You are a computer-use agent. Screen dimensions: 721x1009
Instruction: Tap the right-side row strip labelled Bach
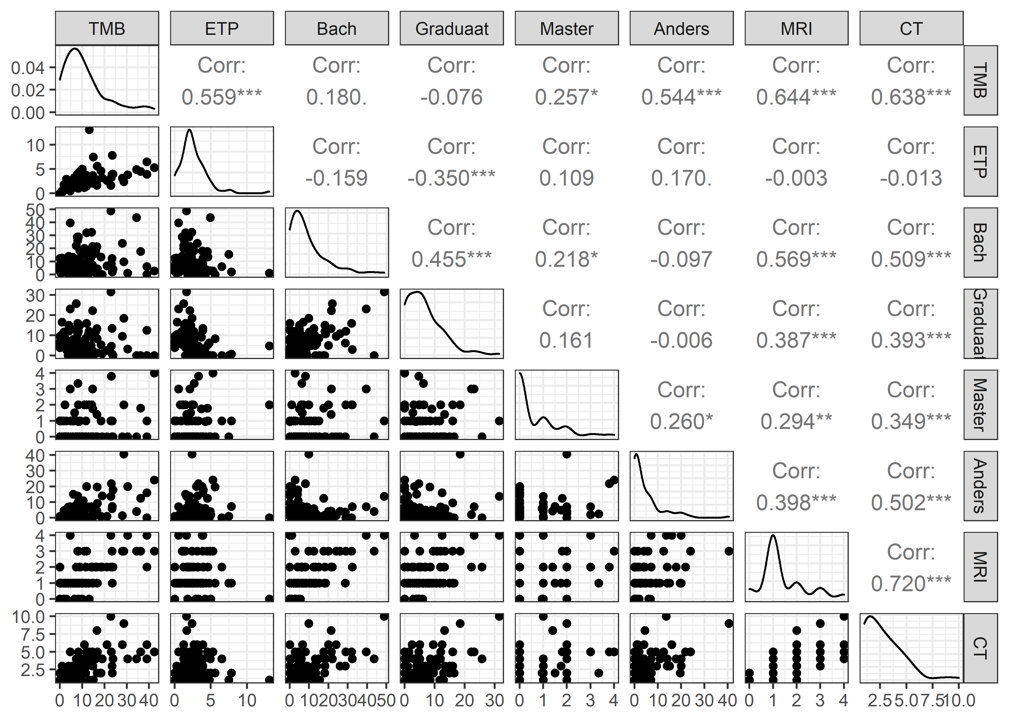click(x=980, y=242)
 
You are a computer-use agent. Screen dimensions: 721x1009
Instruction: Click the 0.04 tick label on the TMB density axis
click(x=28, y=68)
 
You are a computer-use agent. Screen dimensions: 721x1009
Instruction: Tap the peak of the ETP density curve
click(x=190, y=130)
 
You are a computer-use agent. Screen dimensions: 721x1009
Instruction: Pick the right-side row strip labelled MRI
click(x=980, y=567)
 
